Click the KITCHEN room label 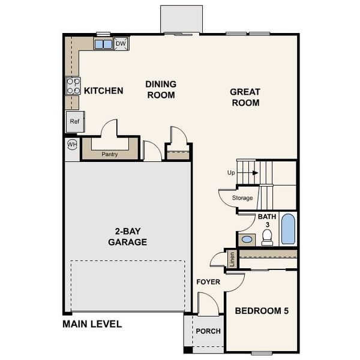(x=103, y=91)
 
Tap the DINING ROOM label (x=160, y=90)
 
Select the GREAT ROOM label (x=245, y=97)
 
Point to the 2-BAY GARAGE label (x=127, y=237)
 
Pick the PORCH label (x=208, y=331)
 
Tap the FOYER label (x=208, y=282)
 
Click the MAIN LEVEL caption (x=92, y=324)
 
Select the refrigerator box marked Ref (x=74, y=122)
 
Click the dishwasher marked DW (x=121, y=44)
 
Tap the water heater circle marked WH (x=72, y=144)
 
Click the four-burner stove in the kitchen (x=73, y=86)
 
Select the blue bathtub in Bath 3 (x=288, y=229)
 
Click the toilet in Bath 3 (x=267, y=238)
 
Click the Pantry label (x=109, y=154)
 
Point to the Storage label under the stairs (x=242, y=198)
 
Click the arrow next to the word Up (x=254, y=173)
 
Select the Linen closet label (x=232, y=259)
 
